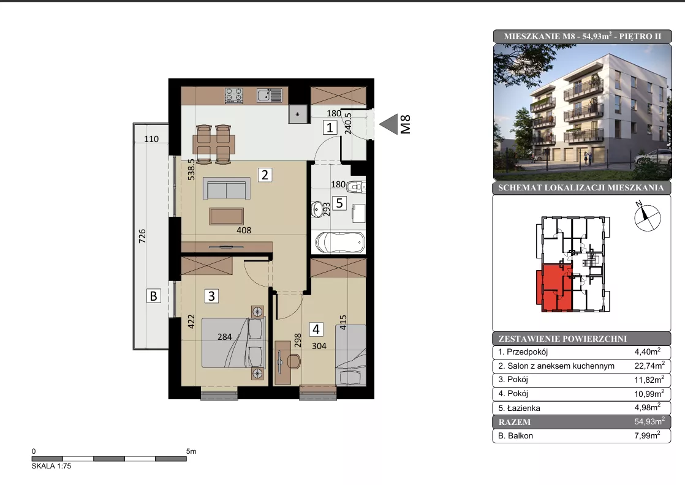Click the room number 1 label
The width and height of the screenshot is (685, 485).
pos(330,127)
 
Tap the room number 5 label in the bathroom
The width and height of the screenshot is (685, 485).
pos(339,203)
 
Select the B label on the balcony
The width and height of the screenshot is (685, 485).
pos(153,296)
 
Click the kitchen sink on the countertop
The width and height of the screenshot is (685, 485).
pos(270,95)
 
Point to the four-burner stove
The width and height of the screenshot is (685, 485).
pos(233,96)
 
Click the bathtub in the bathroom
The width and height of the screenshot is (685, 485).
pos(340,242)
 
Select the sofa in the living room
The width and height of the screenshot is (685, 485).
pos(227,189)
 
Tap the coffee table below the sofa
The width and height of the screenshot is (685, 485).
pos(226,216)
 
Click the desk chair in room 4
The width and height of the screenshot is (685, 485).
pos(294,361)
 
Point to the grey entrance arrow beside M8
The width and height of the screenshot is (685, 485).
pos(388,124)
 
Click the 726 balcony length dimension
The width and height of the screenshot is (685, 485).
pos(142,236)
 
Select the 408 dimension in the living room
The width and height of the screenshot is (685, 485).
pos(244,230)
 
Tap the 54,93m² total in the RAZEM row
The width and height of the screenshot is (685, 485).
pos(649,421)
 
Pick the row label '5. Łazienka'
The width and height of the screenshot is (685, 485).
pos(519,408)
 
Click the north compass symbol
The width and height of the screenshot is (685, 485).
pos(646,217)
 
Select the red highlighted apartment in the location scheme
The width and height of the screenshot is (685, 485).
pos(553,288)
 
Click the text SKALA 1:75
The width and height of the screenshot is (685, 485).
pos(51,466)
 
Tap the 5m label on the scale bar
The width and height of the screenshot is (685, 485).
pos(191,451)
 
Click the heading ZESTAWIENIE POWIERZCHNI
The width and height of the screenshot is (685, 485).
pos(562,339)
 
